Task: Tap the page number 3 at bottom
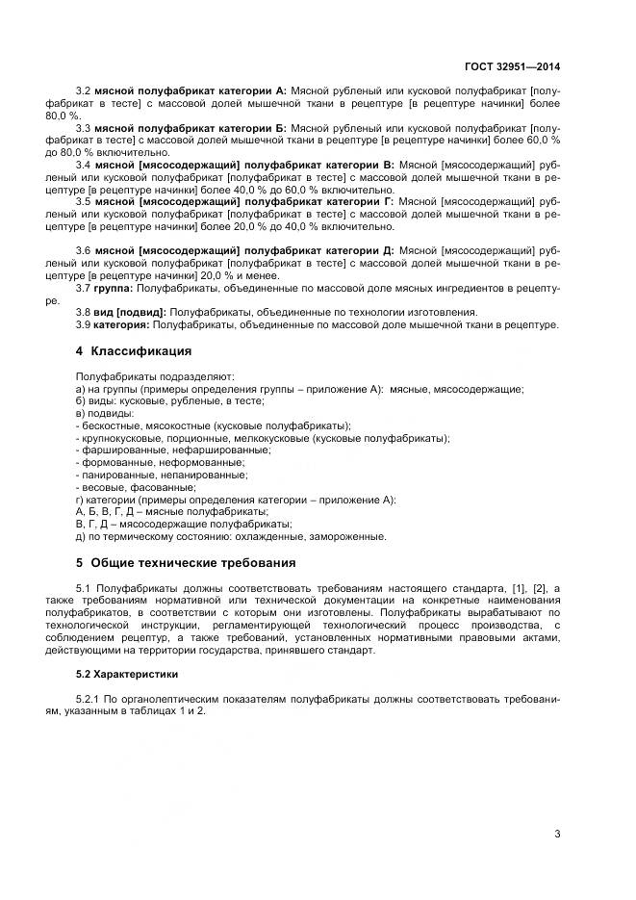(557, 834)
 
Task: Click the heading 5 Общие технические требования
(185, 562)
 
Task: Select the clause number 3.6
(83, 250)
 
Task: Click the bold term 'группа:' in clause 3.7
(114, 288)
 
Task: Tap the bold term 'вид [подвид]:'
(130, 312)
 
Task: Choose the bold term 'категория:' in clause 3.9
(122, 324)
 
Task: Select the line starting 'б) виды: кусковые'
(155, 401)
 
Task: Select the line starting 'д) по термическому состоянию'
(230, 536)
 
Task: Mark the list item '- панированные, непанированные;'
(160, 475)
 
